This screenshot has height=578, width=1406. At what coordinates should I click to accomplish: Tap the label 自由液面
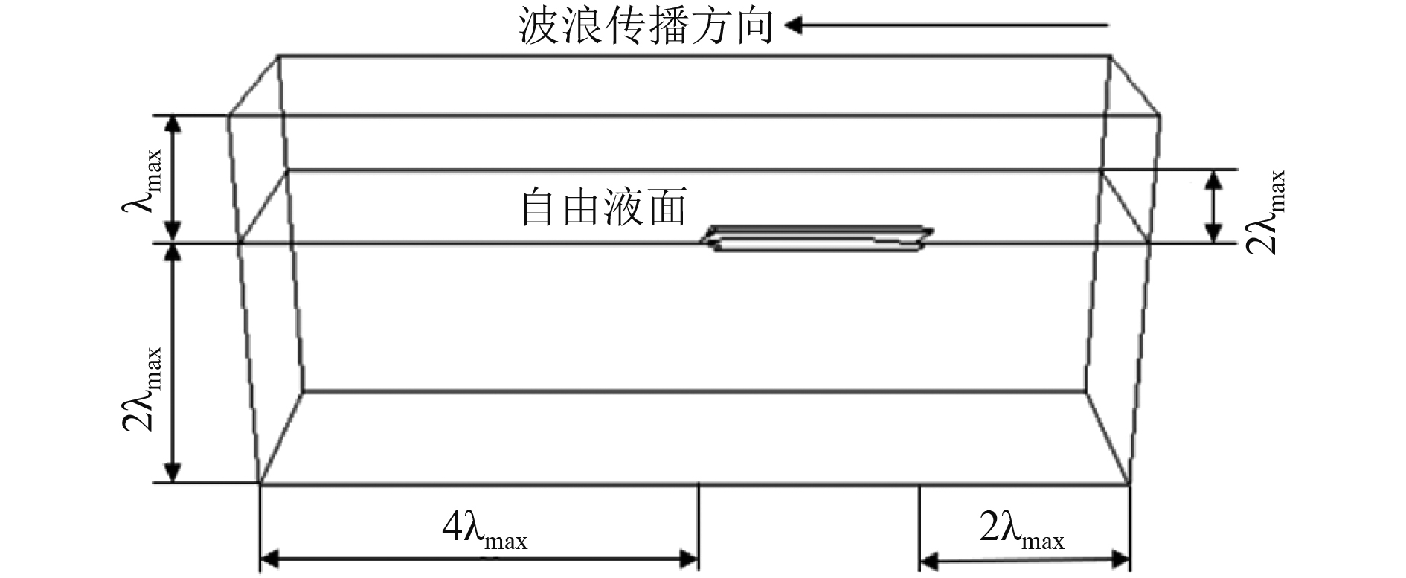point(603,208)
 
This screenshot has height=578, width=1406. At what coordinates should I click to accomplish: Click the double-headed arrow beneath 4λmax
point(479,558)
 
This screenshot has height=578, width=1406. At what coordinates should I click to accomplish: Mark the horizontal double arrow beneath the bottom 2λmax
point(1024,559)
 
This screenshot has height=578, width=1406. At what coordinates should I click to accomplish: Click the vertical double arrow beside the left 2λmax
point(173,363)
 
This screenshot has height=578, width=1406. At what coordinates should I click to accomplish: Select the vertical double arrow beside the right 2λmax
point(1213,206)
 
